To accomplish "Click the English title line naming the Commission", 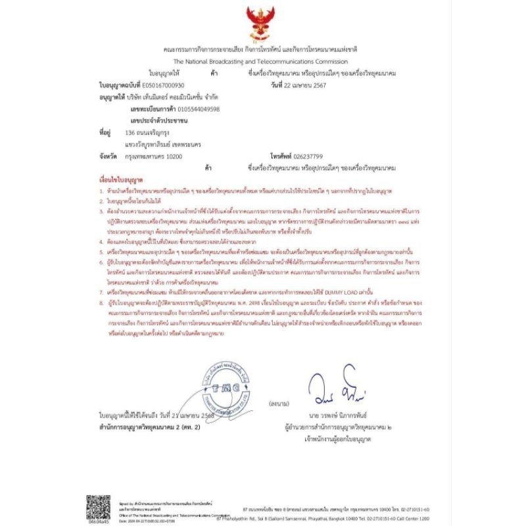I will tap(262, 60).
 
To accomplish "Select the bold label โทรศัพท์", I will tap(282, 157).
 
